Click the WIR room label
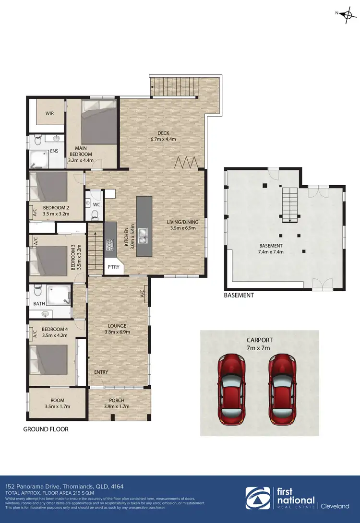[49, 114]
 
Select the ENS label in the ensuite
[55, 151]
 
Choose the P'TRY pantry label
[113, 267]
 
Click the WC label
[96, 204]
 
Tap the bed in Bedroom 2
[48, 188]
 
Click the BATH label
[39, 304]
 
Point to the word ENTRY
[101, 372]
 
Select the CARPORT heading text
[260, 340]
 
